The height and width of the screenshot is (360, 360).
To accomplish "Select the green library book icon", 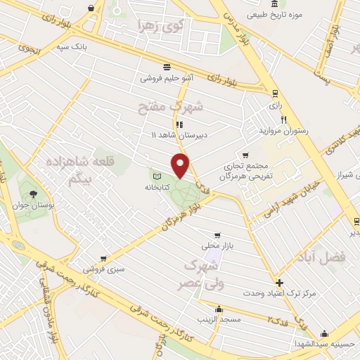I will pyautogui.click(x=157, y=175).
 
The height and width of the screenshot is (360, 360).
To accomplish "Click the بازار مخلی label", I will pyautogui.click(x=217, y=246).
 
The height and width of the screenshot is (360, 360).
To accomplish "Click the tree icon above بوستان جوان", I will pyautogui.click(x=31, y=192).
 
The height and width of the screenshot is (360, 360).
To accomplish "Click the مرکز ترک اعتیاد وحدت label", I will pyautogui.click(x=279, y=292).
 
